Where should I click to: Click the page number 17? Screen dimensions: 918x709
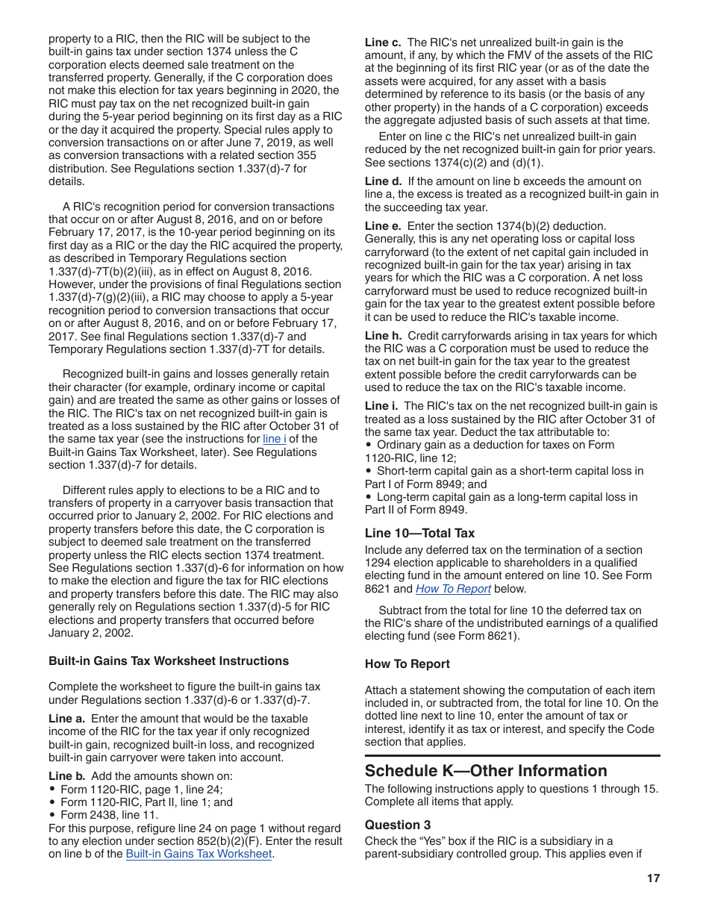point(653,878)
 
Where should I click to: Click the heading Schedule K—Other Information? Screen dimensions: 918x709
point(486,771)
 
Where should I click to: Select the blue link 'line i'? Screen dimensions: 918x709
point(274,439)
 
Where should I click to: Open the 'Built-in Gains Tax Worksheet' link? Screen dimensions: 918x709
point(199,854)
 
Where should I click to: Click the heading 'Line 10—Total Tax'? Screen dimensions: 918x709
point(419,533)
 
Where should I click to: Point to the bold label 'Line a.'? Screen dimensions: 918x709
point(66,719)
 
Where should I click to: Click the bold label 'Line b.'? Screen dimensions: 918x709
point(66,776)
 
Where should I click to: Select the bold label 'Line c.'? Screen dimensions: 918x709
point(383,43)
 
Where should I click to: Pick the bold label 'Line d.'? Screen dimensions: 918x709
point(383,181)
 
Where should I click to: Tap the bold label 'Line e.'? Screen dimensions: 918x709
point(383,226)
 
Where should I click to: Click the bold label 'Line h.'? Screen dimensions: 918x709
point(383,336)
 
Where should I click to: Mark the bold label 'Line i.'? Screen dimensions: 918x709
point(381,406)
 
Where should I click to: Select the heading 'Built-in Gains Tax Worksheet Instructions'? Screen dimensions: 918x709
point(169,661)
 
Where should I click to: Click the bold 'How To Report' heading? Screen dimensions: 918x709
point(407,663)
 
